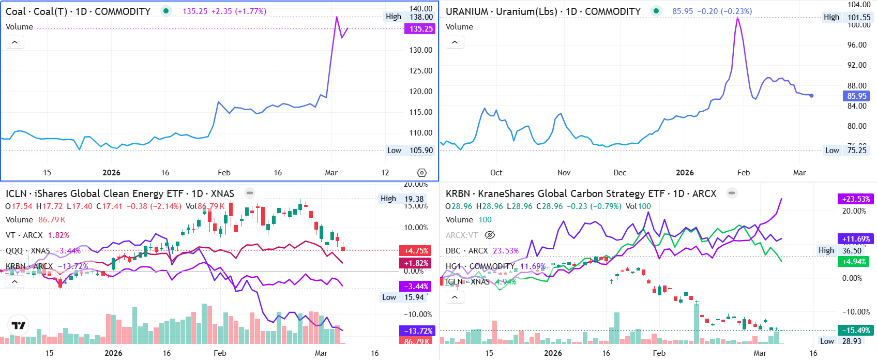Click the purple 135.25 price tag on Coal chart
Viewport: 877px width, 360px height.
pyautogui.click(x=419, y=29)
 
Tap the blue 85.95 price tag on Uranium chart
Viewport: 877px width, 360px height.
pyautogui.click(x=856, y=96)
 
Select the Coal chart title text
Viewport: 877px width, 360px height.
pyautogui.click(x=78, y=11)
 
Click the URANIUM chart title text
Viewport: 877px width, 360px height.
pyautogui.click(x=543, y=11)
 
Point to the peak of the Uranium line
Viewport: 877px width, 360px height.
pyautogui.click(x=737, y=19)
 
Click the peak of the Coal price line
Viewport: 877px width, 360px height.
pyautogui.click(x=337, y=17)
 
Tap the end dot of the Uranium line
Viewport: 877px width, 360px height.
pyautogui.click(x=811, y=96)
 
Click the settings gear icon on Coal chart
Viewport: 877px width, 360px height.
pyautogui.click(x=422, y=173)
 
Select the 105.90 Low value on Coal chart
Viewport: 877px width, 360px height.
pyautogui.click(x=421, y=151)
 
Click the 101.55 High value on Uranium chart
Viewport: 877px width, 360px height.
pyautogui.click(x=859, y=17)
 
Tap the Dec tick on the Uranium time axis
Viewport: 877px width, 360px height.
pyautogui.click(x=619, y=173)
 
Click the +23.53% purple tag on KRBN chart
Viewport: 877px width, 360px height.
pyautogui.click(x=856, y=199)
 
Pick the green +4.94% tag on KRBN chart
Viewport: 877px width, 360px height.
pyautogui.click(x=854, y=262)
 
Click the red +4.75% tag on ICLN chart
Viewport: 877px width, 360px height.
pyautogui.click(x=416, y=251)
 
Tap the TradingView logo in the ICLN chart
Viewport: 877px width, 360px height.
pyautogui.click(x=19, y=325)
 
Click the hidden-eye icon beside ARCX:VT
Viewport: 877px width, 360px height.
pyautogui.click(x=490, y=235)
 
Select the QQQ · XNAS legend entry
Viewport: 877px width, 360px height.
pyautogui.click(x=28, y=251)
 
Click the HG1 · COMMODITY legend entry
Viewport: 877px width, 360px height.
pyautogui.click(x=480, y=266)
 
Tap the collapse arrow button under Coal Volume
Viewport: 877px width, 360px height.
pyautogui.click(x=15, y=42)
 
